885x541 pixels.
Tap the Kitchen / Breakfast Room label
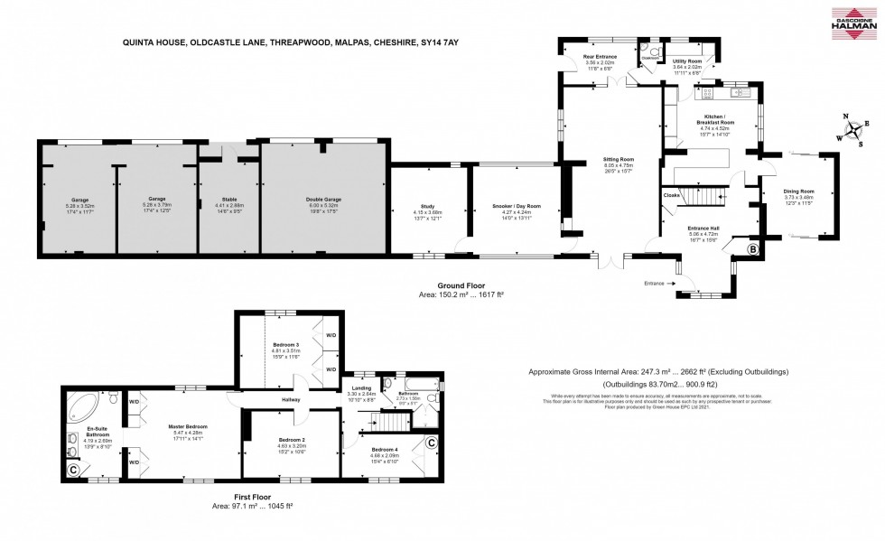click(719, 120)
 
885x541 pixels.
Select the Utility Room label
click(687, 61)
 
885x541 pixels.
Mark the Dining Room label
click(799, 191)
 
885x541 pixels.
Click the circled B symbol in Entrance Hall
click(751, 249)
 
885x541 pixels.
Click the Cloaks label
click(671, 195)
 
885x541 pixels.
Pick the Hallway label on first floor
click(290, 399)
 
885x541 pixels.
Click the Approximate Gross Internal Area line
click(657, 371)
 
